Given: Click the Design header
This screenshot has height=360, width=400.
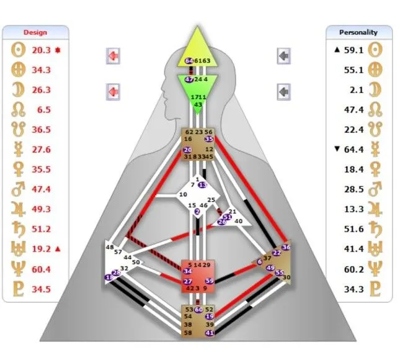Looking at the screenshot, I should pos(35,32).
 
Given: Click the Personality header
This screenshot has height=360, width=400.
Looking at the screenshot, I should pos(359,32).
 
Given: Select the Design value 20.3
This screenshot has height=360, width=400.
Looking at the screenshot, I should pos(41,50).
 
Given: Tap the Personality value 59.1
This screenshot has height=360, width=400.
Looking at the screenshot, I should pos(353,50).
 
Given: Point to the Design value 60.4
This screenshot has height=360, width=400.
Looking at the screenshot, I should pos(41,269).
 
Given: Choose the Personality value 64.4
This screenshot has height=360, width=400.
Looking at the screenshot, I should pos(353,150).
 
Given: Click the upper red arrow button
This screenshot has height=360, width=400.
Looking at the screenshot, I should pos(113,56).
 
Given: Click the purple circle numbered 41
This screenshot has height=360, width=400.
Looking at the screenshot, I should pos(210,333).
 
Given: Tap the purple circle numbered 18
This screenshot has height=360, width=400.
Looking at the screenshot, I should pos(109,277).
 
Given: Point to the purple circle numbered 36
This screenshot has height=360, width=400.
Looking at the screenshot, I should pos(286,247).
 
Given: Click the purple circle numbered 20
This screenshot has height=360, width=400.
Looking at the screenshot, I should pos(187,150).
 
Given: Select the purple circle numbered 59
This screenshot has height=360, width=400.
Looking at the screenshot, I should pos(210,281).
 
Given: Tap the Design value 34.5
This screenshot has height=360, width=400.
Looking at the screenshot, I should pos(41,289).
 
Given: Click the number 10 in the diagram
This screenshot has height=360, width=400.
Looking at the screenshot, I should pos(183,195).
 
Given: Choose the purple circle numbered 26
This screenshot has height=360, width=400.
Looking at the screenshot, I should pos(221,222).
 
